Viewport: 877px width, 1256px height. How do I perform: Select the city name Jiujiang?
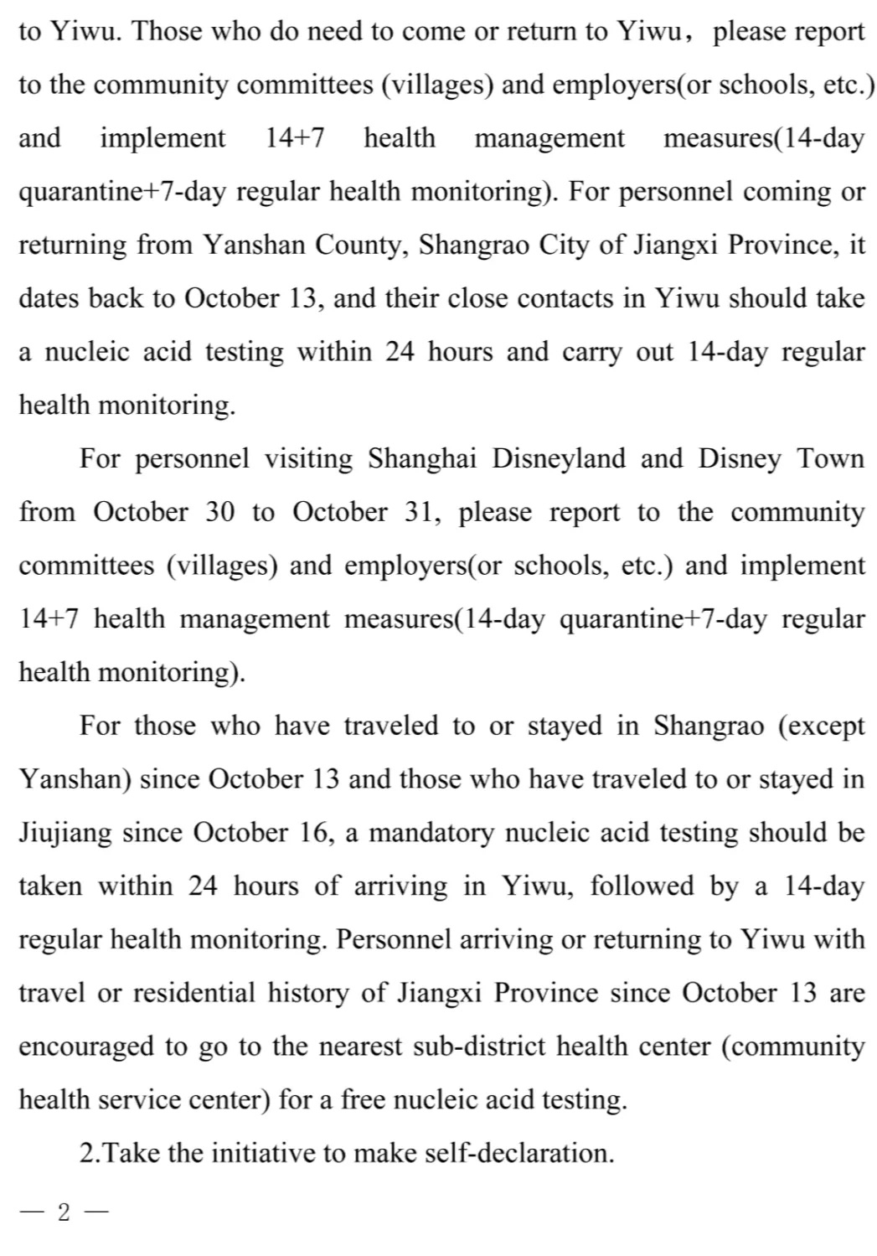(x=64, y=833)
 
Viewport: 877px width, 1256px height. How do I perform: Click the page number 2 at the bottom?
(x=64, y=1212)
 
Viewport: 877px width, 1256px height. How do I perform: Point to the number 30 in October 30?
(x=219, y=512)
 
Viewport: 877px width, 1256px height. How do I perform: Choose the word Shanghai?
(x=424, y=459)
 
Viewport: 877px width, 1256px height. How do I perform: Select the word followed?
(x=642, y=886)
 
